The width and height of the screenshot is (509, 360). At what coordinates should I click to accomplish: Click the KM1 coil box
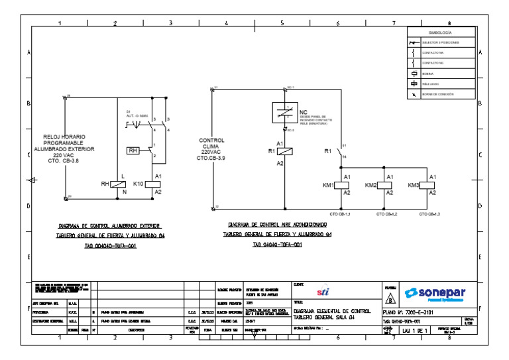[x=346, y=184]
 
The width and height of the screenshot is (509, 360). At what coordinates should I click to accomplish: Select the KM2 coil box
[x=389, y=184]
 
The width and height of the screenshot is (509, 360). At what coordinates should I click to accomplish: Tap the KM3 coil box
[x=432, y=184]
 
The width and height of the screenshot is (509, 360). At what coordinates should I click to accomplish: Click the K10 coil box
[x=158, y=184]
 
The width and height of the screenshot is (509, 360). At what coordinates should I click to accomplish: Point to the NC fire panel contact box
[x=285, y=113]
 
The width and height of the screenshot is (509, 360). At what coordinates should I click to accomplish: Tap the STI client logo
[x=323, y=292]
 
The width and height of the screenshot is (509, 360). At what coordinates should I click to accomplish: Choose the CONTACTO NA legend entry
[x=432, y=52]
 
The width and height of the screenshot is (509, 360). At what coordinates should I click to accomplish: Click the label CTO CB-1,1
[x=339, y=214]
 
